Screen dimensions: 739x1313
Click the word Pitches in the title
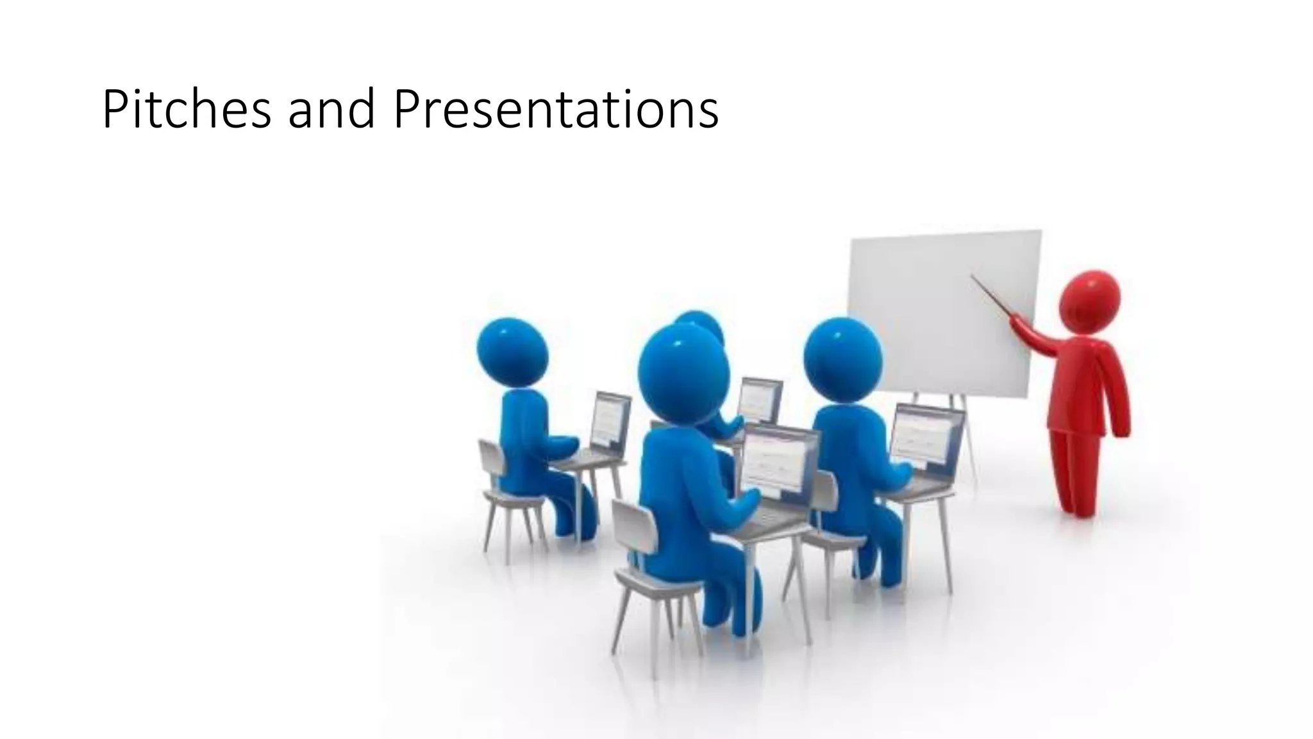(x=186, y=110)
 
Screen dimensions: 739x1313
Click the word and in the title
(x=331, y=110)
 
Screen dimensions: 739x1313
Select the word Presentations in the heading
(x=555, y=110)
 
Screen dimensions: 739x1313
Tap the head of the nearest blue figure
(x=683, y=376)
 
